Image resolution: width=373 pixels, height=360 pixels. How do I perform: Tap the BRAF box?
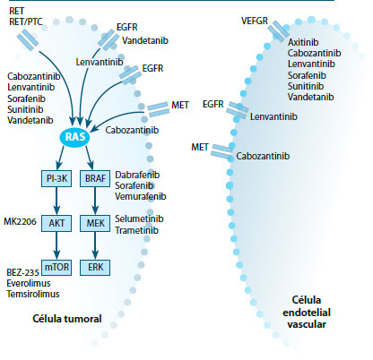96,178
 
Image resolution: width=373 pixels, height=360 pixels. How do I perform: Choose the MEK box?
96,221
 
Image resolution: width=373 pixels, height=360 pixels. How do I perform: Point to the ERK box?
96,266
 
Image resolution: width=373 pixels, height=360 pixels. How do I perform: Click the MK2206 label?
19,220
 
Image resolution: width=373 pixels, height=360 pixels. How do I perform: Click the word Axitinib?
303,41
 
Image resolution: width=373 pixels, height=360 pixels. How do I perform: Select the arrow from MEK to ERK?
96,244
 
